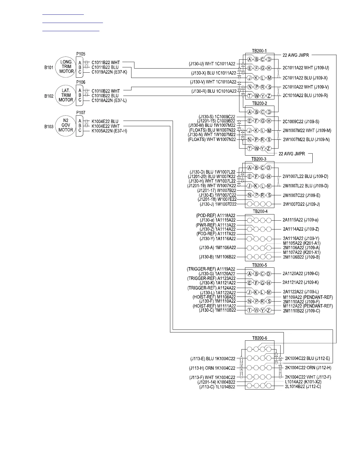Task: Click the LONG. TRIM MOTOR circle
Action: tap(66, 67)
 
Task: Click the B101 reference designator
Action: tap(49, 67)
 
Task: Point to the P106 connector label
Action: tap(81, 82)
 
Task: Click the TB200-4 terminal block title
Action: tap(259, 212)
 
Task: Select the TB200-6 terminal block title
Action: tap(259, 338)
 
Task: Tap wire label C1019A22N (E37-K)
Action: tap(109, 72)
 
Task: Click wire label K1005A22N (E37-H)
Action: tap(109, 131)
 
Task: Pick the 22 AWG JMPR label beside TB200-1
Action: tap(294, 55)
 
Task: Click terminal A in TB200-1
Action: tap(249, 59)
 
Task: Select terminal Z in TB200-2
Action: tap(269, 149)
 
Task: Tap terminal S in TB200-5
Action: tap(269, 302)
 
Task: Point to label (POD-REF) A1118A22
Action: tap(216, 216)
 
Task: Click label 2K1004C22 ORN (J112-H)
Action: tap(308, 368)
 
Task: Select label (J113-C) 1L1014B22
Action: tap(217, 387)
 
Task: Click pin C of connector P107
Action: tap(80, 131)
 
